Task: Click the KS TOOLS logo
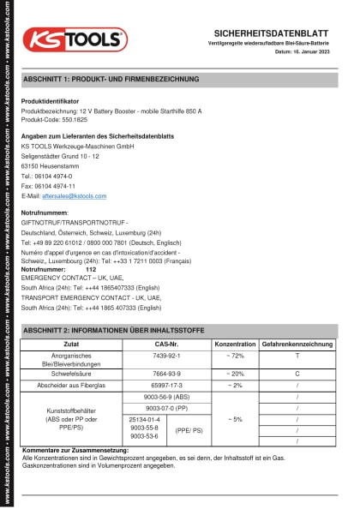tap(75, 39)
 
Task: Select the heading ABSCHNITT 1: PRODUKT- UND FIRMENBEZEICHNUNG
tap(111, 79)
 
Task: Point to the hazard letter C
tap(297, 374)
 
